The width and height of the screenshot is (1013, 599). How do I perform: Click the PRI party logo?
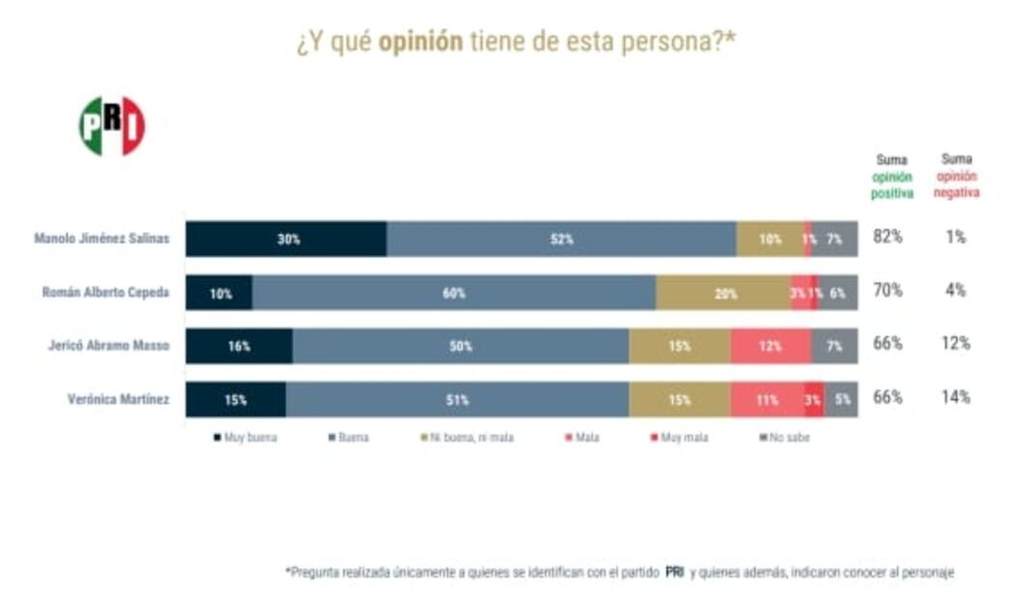(x=112, y=127)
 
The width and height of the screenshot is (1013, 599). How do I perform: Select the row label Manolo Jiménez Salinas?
(x=101, y=239)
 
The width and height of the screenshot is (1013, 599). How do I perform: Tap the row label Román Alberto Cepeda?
(x=106, y=293)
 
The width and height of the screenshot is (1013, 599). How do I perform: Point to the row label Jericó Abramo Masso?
(x=109, y=346)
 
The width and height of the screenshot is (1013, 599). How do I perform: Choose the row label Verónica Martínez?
(x=121, y=399)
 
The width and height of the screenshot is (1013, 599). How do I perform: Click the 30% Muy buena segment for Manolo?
(x=287, y=240)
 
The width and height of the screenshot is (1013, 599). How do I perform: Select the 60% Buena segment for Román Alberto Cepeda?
(x=454, y=293)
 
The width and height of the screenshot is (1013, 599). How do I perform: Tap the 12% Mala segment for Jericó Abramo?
(x=770, y=346)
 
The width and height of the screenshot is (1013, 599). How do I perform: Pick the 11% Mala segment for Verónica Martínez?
(x=767, y=399)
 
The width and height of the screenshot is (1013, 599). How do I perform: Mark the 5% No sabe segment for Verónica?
(x=841, y=399)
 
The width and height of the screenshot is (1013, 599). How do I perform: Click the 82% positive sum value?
(x=887, y=237)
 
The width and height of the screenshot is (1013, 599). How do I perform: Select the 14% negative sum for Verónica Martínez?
(x=956, y=396)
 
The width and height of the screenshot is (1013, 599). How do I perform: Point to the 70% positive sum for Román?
(x=887, y=290)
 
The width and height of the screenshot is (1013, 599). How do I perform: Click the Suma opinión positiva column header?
(x=891, y=176)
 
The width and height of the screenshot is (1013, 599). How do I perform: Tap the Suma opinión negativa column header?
(x=957, y=176)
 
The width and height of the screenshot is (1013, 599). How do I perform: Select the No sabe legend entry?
(x=788, y=438)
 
